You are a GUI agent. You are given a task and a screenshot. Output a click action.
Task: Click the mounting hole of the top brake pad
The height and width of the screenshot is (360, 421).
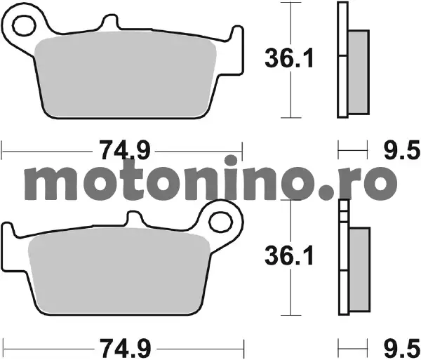click(x=24, y=26)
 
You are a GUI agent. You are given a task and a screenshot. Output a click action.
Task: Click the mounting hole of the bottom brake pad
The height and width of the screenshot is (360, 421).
click(x=220, y=222)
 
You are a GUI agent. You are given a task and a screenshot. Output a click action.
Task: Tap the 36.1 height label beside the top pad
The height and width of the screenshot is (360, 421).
click(x=289, y=59)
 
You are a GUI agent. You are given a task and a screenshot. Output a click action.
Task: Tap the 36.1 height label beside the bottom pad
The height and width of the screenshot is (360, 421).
click(x=289, y=256)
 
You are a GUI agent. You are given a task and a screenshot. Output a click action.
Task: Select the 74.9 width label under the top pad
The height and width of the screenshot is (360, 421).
click(x=124, y=150)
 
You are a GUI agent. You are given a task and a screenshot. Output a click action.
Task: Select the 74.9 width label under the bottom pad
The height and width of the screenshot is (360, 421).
click(x=126, y=349)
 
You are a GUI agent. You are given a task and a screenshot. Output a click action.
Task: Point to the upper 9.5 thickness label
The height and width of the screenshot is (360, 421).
click(x=401, y=150)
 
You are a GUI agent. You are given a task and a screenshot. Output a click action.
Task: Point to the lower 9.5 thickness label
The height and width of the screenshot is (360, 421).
click(x=401, y=349)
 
